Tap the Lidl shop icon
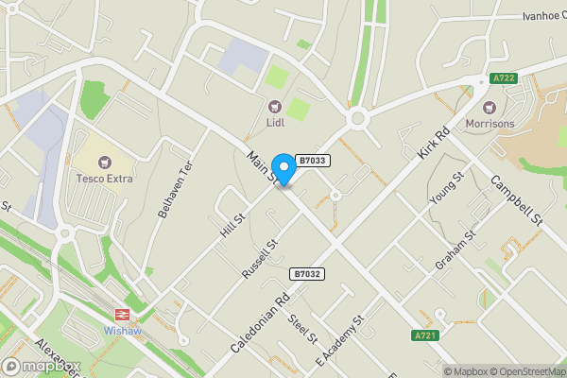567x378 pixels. (x=275, y=106)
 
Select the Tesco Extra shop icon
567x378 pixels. (x=104, y=161)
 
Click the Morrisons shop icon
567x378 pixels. (x=489, y=106)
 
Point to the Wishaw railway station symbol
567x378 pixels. (x=122, y=315)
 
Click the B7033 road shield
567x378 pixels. (x=312, y=161)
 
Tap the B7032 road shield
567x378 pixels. (x=307, y=273)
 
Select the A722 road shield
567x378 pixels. (x=504, y=78)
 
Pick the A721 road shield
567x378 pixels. (x=426, y=335)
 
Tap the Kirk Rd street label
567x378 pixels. (x=431, y=140)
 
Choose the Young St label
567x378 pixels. (x=446, y=188)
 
